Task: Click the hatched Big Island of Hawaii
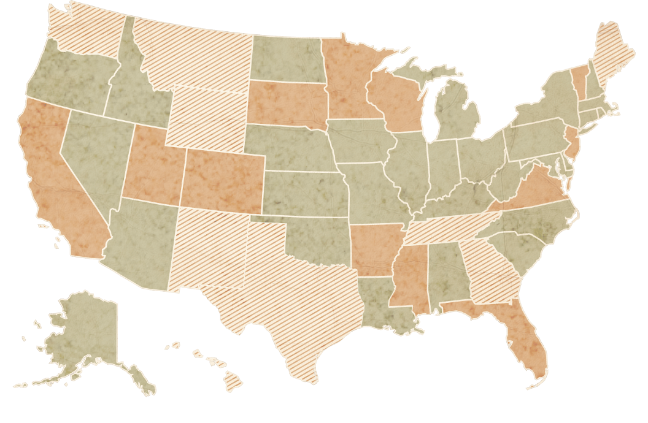pyautogui.click(x=233, y=384)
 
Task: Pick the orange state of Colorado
pyautogui.click(x=224, y=181)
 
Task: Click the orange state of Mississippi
pyautogui.click(x=408, y=276)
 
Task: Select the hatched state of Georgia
pyautogui.click(x=491, y=270)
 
